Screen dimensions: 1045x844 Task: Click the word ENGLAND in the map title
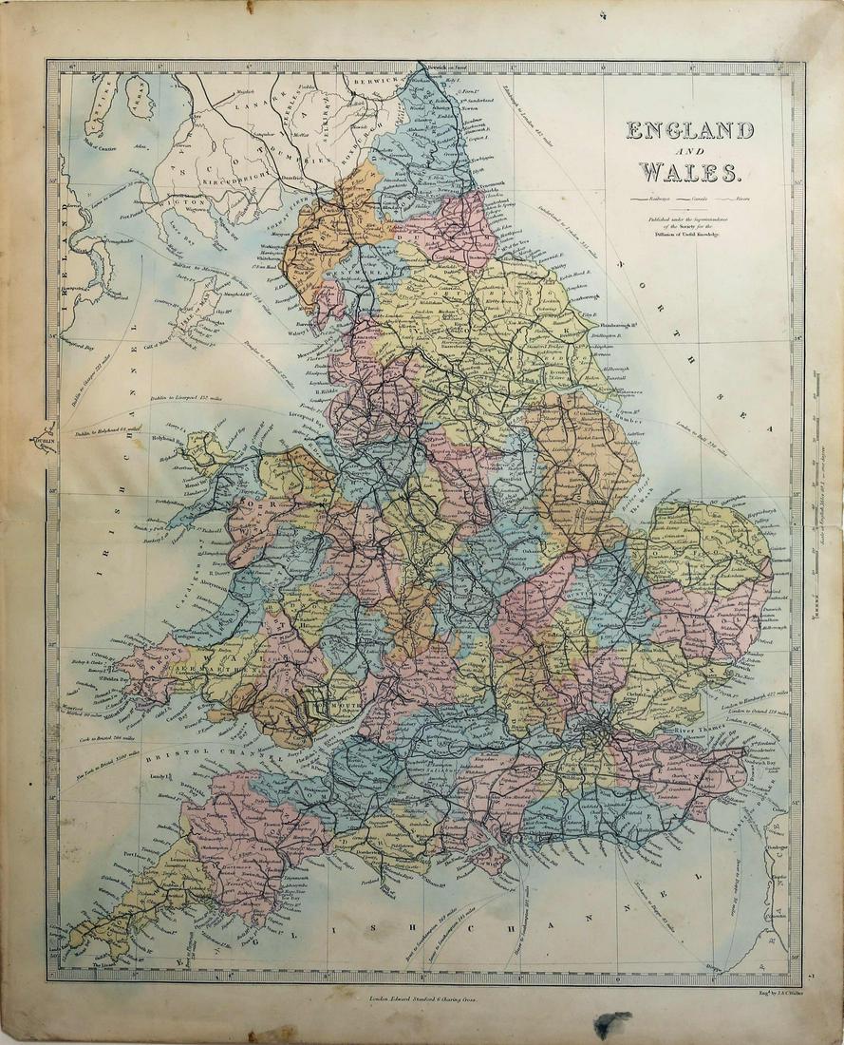coord(689,130)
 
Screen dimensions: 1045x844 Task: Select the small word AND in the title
coord(690,152)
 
